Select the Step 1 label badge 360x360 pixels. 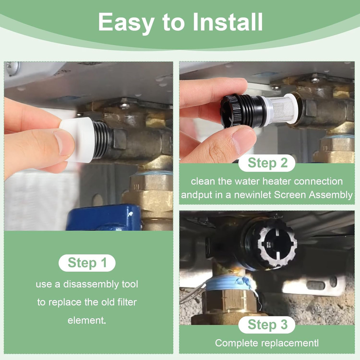point(87,263)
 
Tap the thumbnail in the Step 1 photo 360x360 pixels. point(63,143)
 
